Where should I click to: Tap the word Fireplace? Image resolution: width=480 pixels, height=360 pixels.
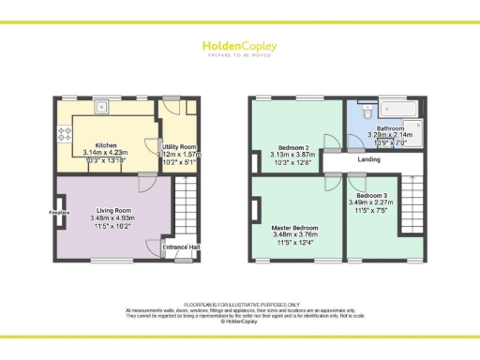click(60, 212)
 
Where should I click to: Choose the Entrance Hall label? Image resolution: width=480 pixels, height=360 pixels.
click(182, 247)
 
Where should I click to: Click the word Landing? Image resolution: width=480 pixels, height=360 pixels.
click(368, 159)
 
